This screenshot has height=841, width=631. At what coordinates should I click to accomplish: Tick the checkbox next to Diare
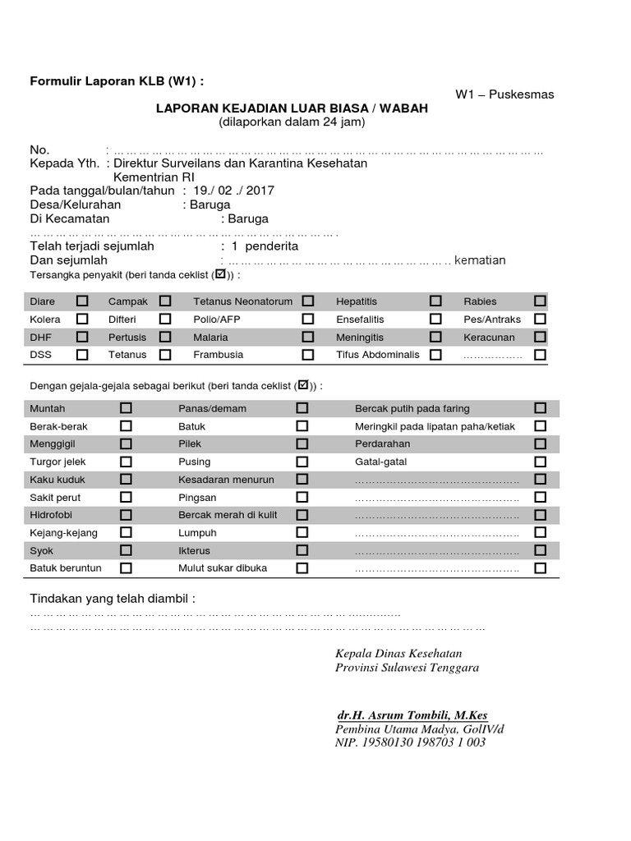coord(82,301)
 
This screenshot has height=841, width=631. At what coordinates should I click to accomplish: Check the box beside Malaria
coord(307,337)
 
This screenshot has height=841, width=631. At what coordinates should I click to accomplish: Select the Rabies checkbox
coord(540,301)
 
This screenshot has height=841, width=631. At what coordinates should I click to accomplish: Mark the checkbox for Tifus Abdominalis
coord(435,355)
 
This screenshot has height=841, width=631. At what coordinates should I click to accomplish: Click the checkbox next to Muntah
coord(126,408)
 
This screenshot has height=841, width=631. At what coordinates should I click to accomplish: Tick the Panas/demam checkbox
coord(302,408)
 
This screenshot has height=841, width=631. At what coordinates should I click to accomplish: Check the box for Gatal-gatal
coord(540,462)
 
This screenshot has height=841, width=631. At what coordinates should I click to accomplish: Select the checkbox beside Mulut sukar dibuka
coord(302,568)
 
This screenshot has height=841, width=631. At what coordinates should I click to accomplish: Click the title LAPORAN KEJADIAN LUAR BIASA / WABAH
coord(292,108)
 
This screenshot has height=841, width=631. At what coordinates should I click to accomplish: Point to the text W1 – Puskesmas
coord(504,94)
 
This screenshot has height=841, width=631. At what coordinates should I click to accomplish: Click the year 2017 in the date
coord(260,191)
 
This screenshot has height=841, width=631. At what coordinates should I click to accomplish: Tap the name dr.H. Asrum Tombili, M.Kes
coord(412,715)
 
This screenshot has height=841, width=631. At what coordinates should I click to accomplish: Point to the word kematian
coord(480,260)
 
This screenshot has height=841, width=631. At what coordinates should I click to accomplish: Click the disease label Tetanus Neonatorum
coord(242,301)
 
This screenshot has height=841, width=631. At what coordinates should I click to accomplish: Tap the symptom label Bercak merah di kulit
coord(227,515)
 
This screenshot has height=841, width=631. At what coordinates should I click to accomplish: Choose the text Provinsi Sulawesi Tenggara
coord(407,668)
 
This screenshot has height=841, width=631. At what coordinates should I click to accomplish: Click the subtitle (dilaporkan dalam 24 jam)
coord(292,122)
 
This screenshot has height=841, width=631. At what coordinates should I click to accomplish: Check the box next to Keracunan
coord(540,337)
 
